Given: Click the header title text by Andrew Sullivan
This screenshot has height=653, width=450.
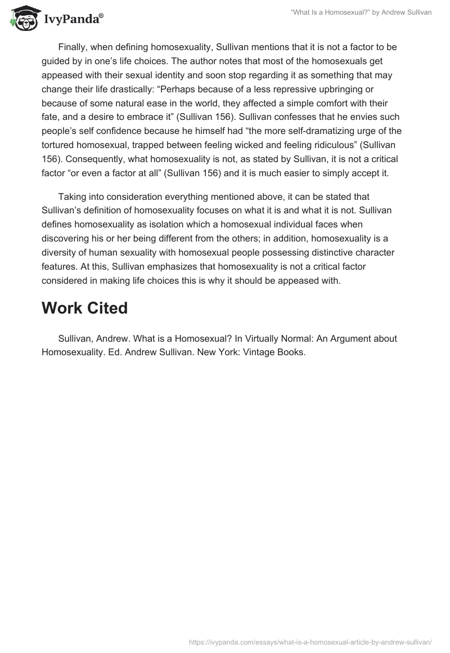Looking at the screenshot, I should tap(361, 12).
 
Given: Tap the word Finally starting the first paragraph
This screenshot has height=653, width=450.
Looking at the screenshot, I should tap(74, 47).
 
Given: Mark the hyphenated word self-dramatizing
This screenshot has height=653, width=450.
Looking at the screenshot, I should tap(314, 132).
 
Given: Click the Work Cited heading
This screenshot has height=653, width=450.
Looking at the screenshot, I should tap(84, 308).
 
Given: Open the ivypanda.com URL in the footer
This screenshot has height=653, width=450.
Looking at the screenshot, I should tap(310, 642).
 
